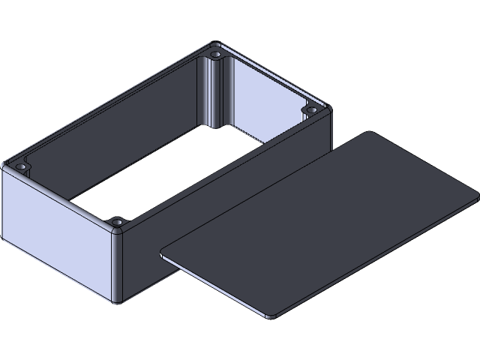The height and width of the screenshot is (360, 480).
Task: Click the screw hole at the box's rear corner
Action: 216,55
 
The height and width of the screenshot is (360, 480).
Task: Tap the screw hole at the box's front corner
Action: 117,223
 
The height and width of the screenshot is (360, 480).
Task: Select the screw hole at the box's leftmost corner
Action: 22,165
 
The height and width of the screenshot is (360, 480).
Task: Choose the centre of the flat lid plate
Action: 322,225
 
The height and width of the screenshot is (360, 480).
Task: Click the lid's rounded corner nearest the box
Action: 164,252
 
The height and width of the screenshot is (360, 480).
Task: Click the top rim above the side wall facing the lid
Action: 225,168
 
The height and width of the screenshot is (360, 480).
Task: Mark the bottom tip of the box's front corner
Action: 117,301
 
